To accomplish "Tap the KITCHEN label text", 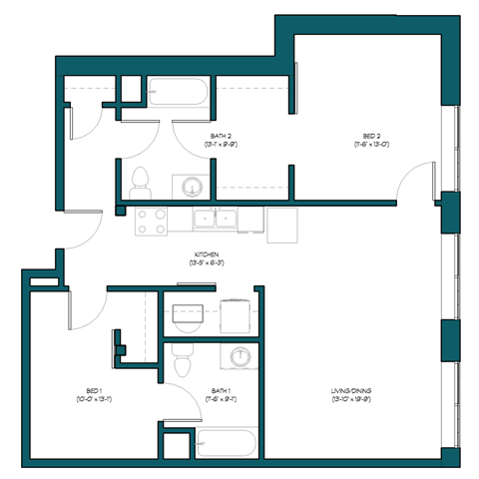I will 207,254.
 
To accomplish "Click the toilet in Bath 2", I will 141,180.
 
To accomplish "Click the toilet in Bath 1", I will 181,360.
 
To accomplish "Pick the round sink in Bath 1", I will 240,356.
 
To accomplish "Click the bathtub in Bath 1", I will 228,441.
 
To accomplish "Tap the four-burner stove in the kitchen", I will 151,221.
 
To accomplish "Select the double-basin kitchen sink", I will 215,219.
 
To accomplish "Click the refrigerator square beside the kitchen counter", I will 282,224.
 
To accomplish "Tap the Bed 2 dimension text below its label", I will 370,145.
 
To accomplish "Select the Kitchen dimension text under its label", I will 207,263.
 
